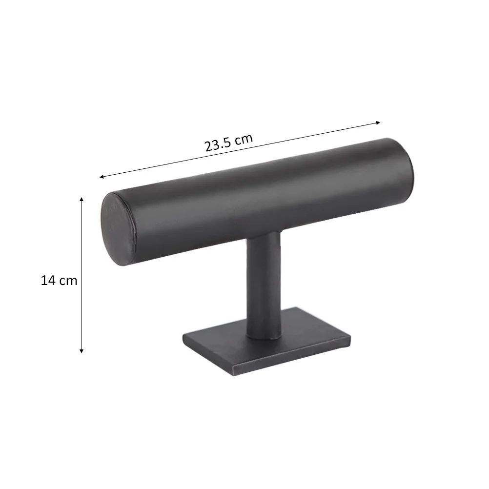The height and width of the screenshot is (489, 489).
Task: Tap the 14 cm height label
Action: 59,281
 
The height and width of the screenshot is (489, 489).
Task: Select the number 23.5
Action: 218,145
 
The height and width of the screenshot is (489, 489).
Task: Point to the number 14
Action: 48,281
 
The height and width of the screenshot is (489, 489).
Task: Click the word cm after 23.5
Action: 244,139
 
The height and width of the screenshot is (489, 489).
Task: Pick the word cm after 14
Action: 68,282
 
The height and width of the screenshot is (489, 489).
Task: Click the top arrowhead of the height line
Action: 81,199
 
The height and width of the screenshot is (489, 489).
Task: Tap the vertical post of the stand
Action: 263,283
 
